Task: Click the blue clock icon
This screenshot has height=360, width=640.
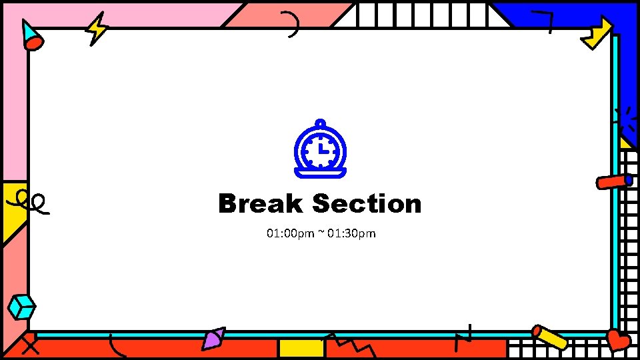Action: click(320, 150)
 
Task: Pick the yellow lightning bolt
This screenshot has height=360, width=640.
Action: click(98, 29)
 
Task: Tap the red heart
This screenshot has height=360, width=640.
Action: click(618, 340)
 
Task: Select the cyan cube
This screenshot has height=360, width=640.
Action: click(21, 307)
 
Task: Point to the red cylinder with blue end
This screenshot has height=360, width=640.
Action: click(614, 181)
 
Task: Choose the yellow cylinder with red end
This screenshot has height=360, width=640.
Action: click(550, 337)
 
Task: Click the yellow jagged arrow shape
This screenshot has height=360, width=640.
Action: click(597, 33)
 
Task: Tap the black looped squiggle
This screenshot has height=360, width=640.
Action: click(31, 201)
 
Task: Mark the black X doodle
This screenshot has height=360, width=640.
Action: click(30, 345)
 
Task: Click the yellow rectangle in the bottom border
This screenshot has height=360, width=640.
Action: click(301, 348)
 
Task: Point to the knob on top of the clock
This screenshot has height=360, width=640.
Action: click(321, 123)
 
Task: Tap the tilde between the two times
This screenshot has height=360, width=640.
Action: click(321, 232)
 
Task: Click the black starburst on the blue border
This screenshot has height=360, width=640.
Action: click(625, 120)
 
